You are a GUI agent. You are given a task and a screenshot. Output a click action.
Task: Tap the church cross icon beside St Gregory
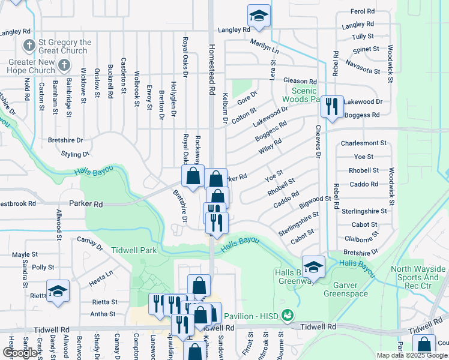pos(29,46)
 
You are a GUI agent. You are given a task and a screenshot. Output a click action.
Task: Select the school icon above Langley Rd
pos(259,16)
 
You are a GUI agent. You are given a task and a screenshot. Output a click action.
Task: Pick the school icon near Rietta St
pos(58,291)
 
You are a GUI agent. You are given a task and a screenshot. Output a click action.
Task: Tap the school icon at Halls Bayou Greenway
pos(313,267)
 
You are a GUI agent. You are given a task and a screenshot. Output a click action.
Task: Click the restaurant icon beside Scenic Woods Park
pos(331,106)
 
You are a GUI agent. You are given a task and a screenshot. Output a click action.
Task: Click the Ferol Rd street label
pos(363,11)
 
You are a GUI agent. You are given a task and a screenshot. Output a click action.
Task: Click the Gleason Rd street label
pos(300,81)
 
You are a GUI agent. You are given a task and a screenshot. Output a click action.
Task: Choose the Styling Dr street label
pos(75,154)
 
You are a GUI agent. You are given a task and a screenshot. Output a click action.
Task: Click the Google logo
pos(20,353)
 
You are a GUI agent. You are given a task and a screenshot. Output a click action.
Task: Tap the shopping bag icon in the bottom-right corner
pos(424,346)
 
